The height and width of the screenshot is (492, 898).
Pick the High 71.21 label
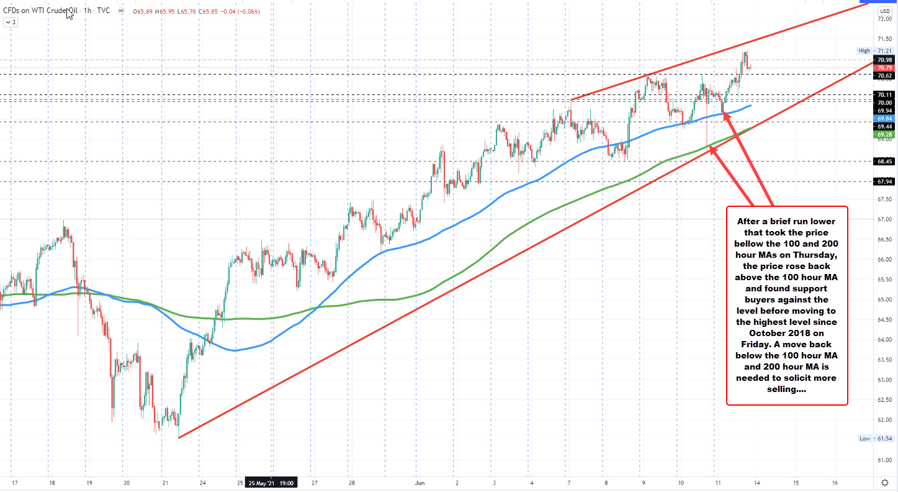click(876, 50)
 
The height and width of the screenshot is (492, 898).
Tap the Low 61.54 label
click(876, 439)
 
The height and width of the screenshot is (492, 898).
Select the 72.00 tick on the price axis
click(885, 19)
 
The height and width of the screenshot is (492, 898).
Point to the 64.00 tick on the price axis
click(885, 340)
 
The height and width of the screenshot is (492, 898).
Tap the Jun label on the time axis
click(419, 482)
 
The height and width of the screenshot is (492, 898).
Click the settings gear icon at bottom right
click(885, 482)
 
